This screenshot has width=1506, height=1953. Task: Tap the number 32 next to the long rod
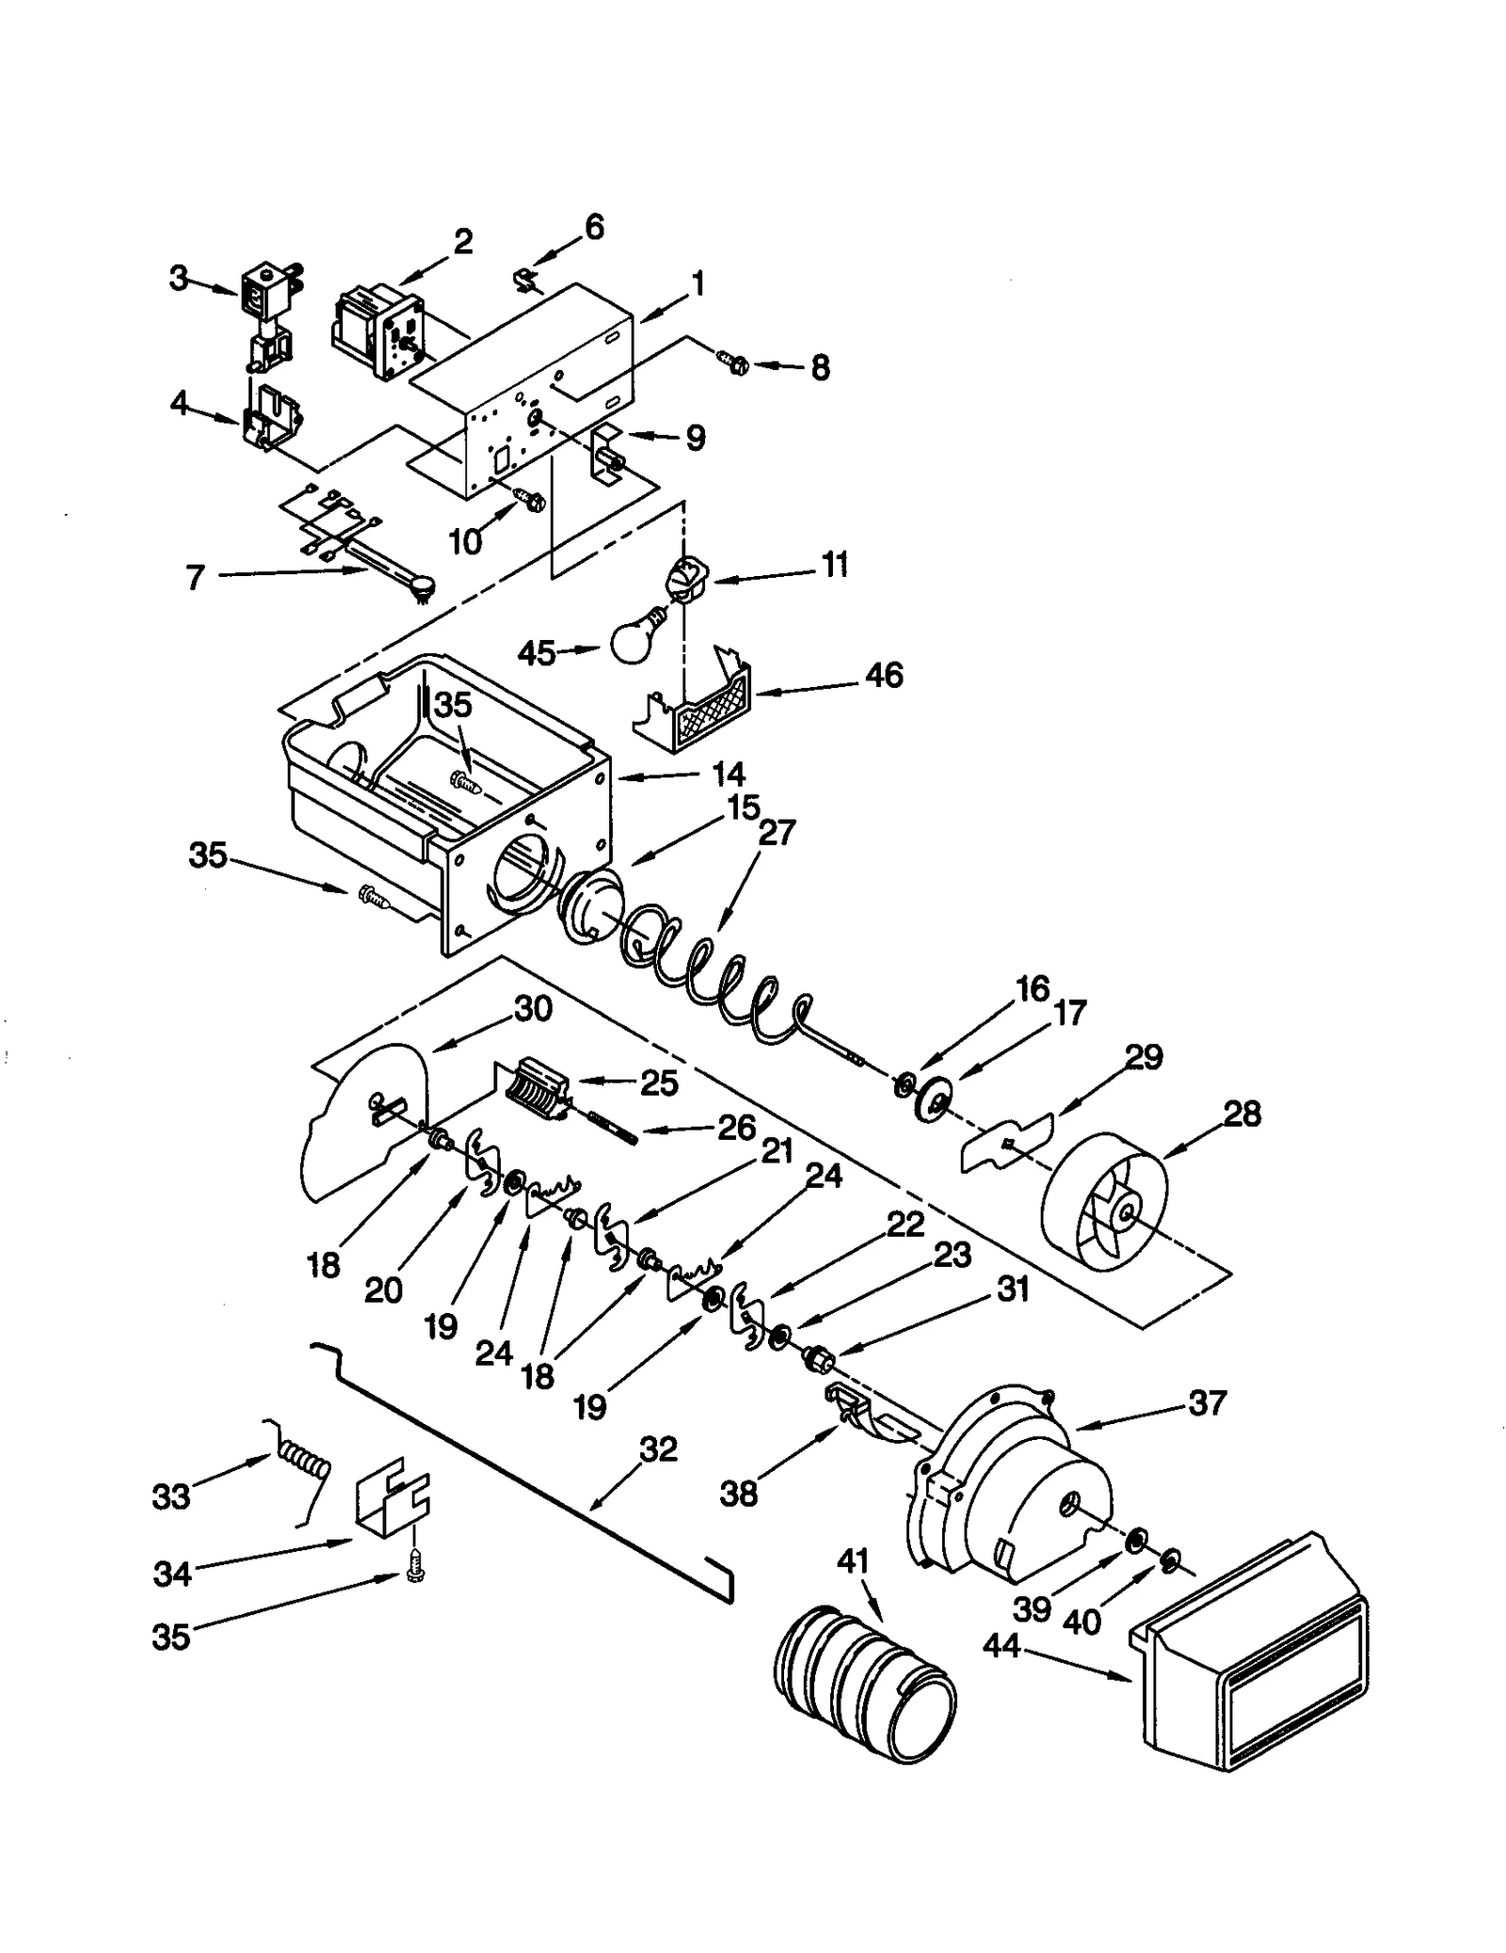click(x=658, y=1449)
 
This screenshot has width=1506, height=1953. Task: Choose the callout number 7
click(x=195, y=577)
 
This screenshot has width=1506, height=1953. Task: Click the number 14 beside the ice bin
click(x=728, y=776)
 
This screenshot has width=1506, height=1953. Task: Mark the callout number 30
click(x=532, y=1010)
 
